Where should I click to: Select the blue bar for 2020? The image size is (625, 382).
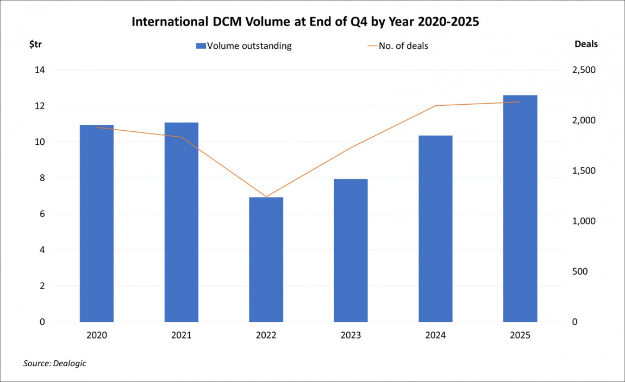(97, 223)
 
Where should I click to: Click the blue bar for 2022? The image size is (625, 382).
(266, 259)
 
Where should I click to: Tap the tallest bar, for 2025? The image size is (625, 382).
(520, 208)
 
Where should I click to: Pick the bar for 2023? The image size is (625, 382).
(351, 250)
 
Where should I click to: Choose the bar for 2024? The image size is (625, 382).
(435, 228)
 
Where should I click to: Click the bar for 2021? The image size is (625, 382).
(182, 222)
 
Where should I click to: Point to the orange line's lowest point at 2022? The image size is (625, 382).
(266, 196)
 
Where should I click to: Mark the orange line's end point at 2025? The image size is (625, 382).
(520, 102)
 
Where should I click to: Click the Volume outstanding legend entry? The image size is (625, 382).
(243, 46)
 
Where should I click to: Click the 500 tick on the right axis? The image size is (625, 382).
(581, 271)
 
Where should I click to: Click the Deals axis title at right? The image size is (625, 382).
(586, 44)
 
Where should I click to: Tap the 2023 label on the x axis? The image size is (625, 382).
(351, 335)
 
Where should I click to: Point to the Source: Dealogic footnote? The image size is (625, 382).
(54, 363)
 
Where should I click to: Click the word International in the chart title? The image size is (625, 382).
(166, 23)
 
